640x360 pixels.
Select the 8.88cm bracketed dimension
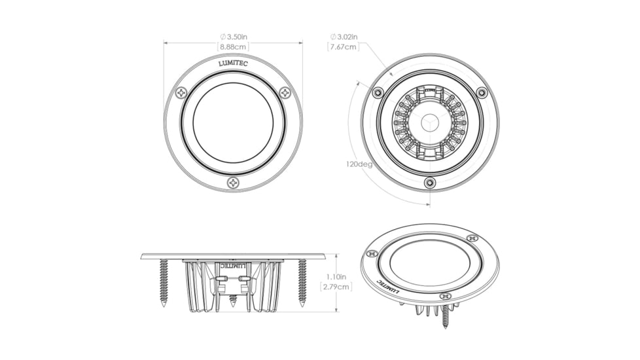[x=233, y=46]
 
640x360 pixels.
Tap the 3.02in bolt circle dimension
[x=344, y=37]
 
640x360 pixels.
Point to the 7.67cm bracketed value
[x=344, y=47]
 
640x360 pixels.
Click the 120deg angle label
[x=359, y=164]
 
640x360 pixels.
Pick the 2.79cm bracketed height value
[x=336, y=287]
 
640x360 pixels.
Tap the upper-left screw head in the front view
[x=181, y=93]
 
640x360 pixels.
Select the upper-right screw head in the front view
[x=285, y=93]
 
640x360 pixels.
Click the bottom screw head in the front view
[x=233, y=183]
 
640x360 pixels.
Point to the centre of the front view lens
[x=233, y=122]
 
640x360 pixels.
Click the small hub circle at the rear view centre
[x=429, y=122]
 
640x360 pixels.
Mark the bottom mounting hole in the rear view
[x=429, y=183]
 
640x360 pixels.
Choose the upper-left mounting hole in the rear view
[x=377, y=92]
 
